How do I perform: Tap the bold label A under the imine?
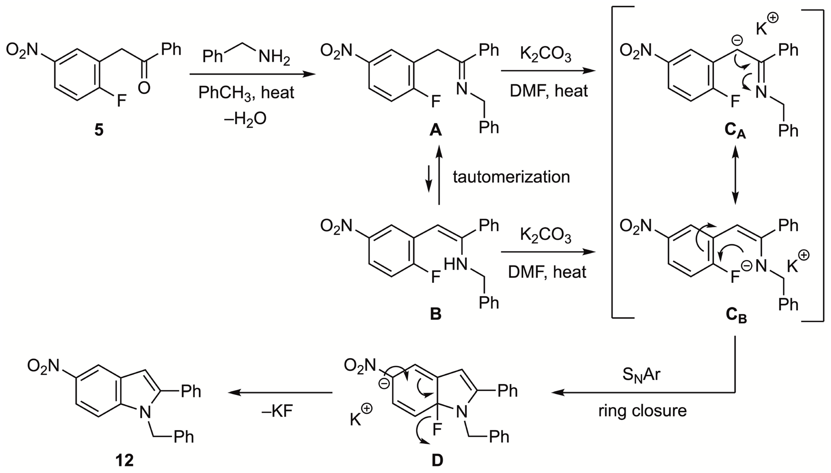pos(435,130)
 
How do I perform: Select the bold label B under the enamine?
pos(435,314)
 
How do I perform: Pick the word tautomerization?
pos(511,177)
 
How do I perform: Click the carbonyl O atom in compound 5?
pos(144,88)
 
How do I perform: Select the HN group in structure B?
pos(455,264)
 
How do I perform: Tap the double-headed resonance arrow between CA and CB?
pos(735,175)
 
